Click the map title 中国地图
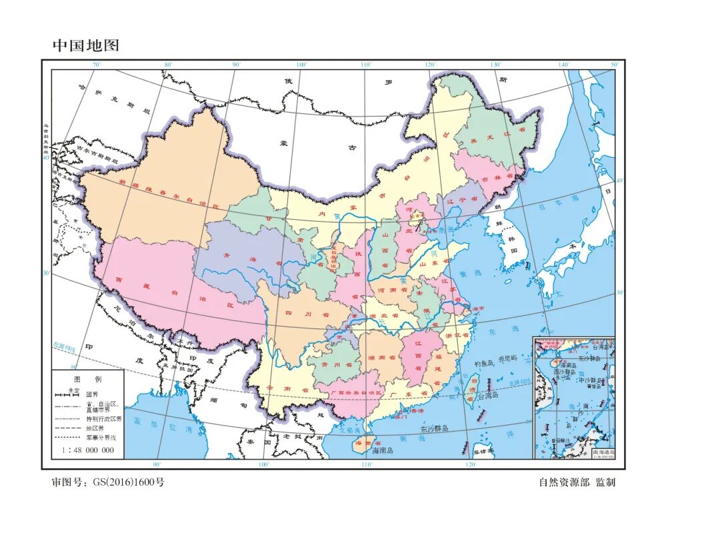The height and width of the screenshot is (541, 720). (86, 46)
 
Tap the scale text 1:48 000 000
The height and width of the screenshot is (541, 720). (87, 450)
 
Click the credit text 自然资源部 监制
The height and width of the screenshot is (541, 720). (577, 482)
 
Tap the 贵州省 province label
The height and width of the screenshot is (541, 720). (332, 365)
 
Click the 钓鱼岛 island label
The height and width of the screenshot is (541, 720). (485, 364)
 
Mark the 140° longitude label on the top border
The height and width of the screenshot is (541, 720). (564, 65)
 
